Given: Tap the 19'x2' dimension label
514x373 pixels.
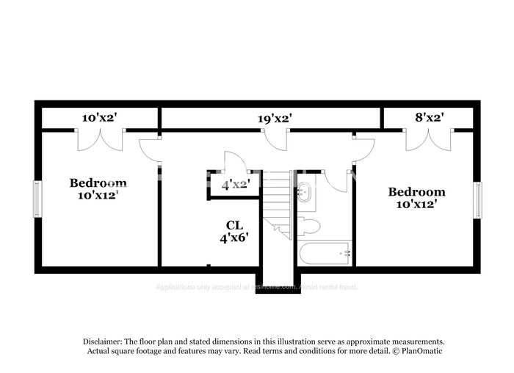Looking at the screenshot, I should pos(275,117).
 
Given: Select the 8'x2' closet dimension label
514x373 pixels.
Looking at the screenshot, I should pos(429,117).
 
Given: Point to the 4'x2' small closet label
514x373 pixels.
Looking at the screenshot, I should pos(236,185).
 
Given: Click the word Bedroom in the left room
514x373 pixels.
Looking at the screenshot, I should pos(98,182).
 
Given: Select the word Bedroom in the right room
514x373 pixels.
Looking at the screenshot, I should pos(416,192).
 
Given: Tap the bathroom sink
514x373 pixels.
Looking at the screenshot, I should pos(304,194).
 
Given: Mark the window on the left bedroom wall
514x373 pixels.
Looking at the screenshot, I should pos(37,199).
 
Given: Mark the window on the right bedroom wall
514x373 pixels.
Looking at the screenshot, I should pos(477,199).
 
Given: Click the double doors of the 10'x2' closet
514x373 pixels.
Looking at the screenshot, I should pos(101,139).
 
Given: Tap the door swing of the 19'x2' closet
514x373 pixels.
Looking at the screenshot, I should pos(275,140).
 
